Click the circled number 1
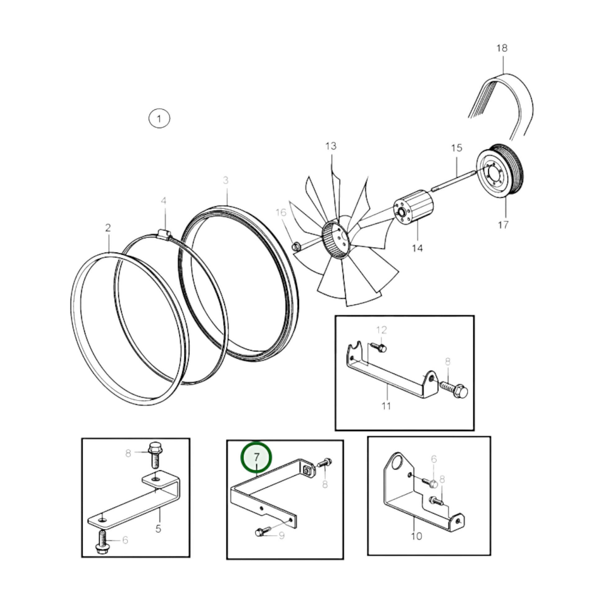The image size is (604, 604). tap(159, 119)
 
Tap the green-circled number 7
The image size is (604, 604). tap(256, 458)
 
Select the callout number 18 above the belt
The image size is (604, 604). tap(502, 48)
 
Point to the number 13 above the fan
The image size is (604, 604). tap(331, 146)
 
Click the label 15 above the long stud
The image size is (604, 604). tap(457, 148)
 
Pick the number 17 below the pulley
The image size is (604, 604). tap(503, 225)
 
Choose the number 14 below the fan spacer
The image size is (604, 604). tap(417, 248)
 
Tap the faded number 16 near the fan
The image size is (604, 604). tap(281, 213)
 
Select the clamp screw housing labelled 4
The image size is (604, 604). tap(164, 233)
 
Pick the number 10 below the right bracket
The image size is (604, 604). tap(417, 536)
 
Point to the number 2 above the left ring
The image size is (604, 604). tap(108, 228)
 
